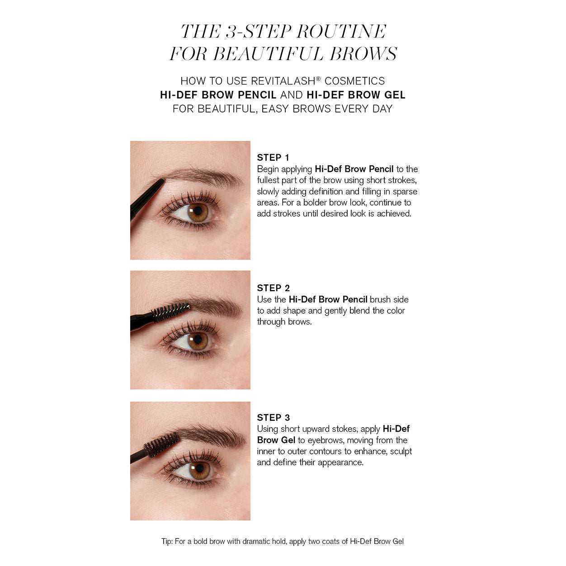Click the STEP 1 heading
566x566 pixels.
(x=273, y=158)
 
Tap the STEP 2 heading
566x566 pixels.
(x=273, y=288)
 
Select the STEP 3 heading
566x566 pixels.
(x=273, y=418)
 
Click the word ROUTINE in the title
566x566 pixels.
(x=341, y=32)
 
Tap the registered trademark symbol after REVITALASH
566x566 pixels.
(x=318, y=79)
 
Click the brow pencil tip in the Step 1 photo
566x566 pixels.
(x=161, y=182)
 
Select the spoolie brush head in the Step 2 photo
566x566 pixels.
(x=170, y=311)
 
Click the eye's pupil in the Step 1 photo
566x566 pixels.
(x=197, y=211)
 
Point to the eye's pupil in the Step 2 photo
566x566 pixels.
(x=197, y=340)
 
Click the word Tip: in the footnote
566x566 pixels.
(x=167, y=542)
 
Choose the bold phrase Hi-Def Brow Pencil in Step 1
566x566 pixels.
(x=354, y=169)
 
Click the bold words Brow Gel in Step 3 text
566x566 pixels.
(x=276, y=440)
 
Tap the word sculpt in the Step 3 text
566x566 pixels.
(x=401, y=451)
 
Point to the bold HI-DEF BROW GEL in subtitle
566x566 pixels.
(x=356, y=95)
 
